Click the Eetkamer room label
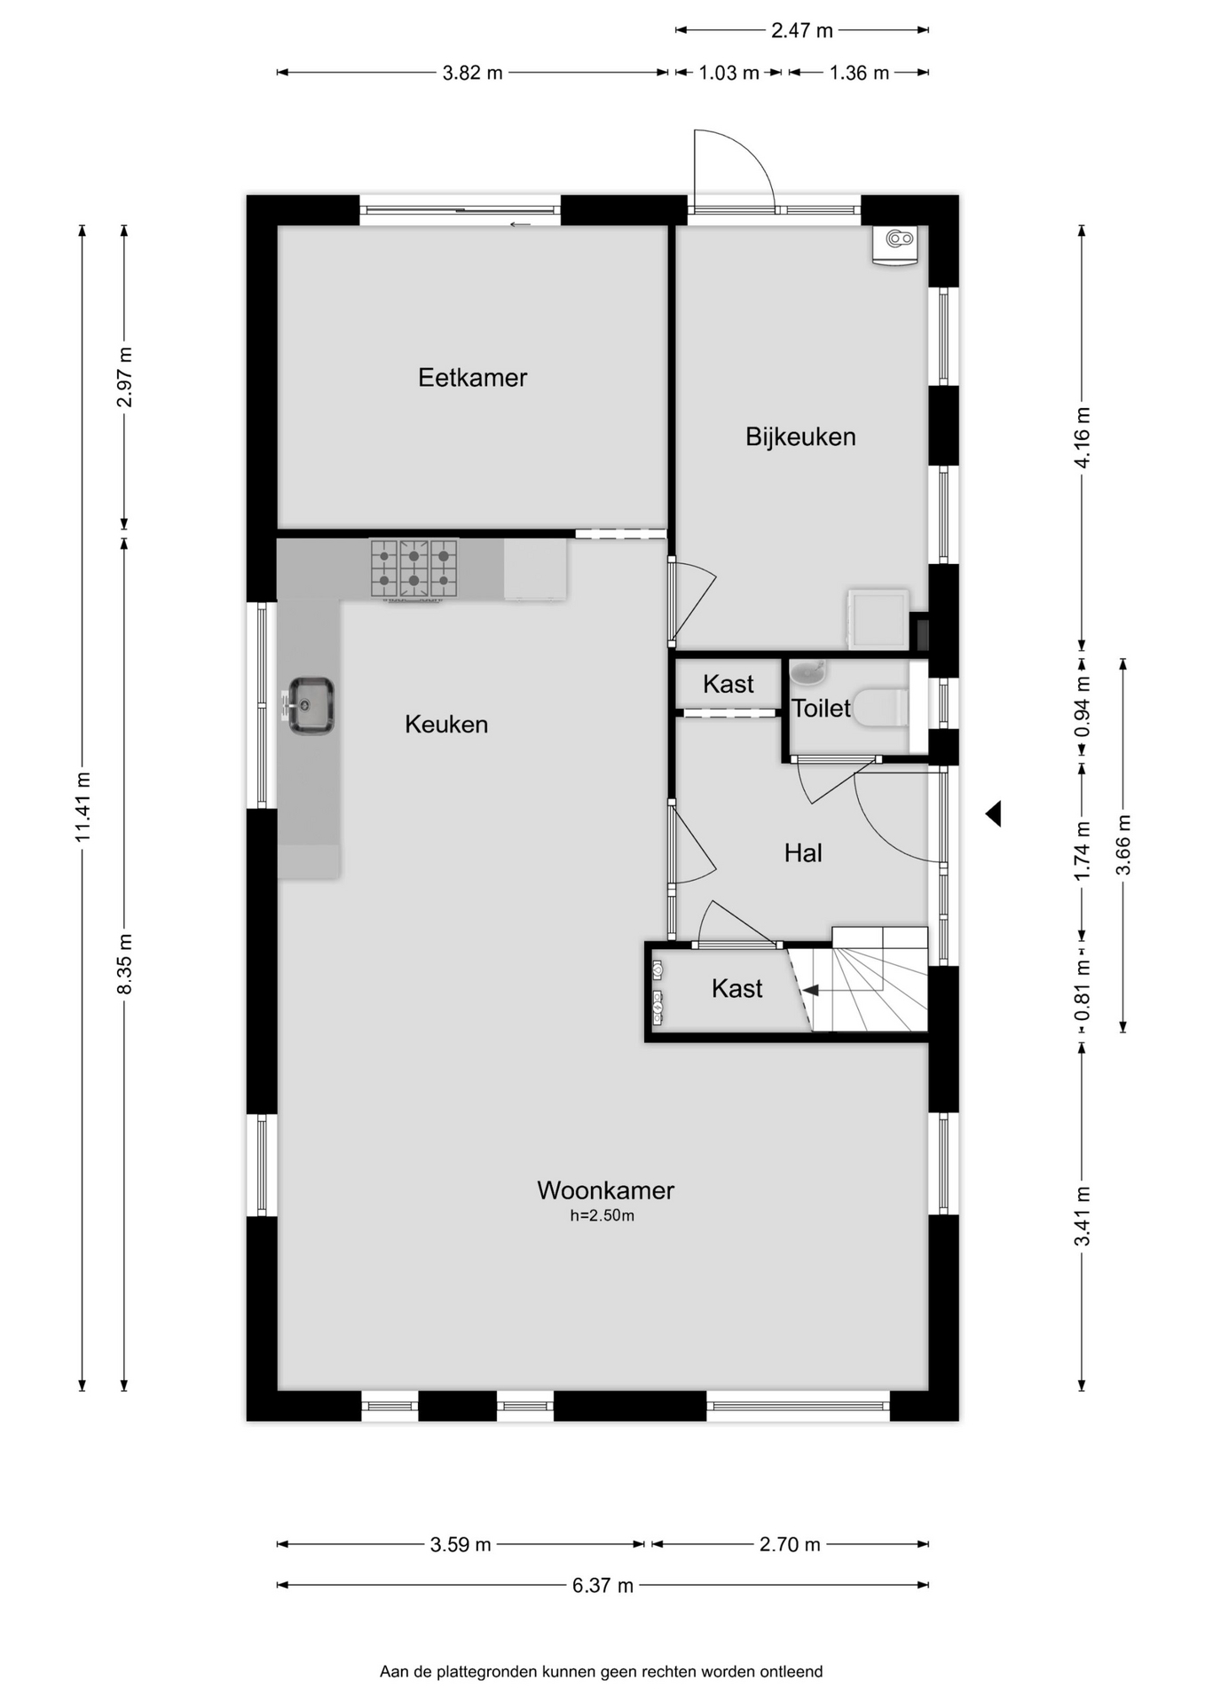point(472,378)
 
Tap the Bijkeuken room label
point(800,436)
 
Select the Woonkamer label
point(605,1190)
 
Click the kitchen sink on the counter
point(310,706)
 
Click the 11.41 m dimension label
point(83,807)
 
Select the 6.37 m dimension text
point(602,1585)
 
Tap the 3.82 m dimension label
point(473,73)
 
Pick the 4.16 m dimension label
point(1082,438)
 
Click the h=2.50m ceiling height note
point(602,1216)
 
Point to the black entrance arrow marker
point(993,812)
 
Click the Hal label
point(803,853)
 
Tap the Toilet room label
point(821,709)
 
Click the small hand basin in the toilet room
point(807,672)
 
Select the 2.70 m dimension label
point(790,1544)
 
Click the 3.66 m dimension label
point(1123,844)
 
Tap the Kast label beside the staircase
point(737,989)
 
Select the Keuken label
point(446,725)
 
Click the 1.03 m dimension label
point(729,73)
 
